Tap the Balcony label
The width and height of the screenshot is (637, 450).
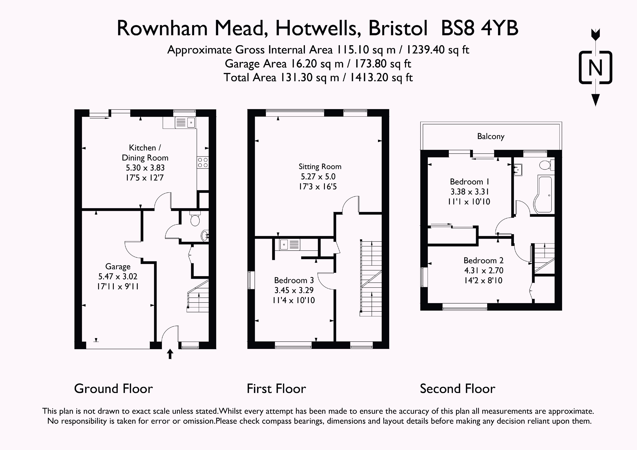(490, 136)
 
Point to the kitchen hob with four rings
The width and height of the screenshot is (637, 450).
(203, 162)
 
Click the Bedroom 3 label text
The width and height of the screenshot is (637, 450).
(294, 280)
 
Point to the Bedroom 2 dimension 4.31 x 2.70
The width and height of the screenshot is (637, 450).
(484, 270)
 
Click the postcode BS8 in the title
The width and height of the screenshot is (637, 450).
(457, 29)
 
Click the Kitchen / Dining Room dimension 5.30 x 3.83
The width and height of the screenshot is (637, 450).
(145, 168)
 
